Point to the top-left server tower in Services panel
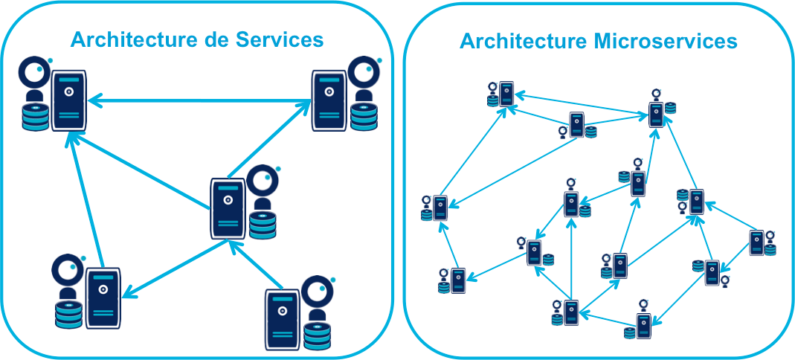point(68,100)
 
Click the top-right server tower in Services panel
point(329,100)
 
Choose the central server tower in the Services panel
point(228,208)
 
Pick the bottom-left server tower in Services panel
point(103,298)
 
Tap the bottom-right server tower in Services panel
point(283,318)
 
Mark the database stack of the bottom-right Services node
point(317,336)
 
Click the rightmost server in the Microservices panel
point(757,243)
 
